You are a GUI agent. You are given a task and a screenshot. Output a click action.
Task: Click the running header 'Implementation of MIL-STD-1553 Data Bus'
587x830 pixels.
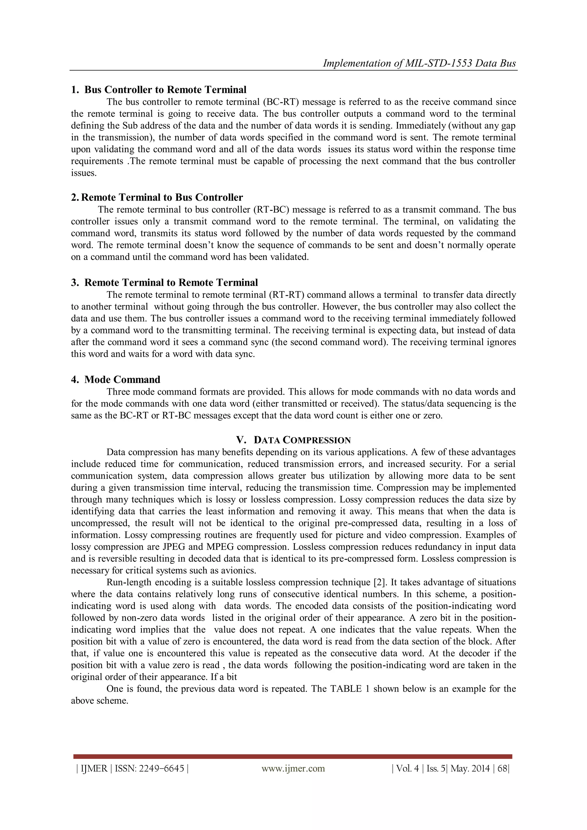[419, 63]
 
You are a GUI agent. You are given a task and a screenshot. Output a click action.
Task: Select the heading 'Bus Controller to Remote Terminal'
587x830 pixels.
[165, 90]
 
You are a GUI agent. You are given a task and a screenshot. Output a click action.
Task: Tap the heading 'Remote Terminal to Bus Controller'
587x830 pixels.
[162, 197]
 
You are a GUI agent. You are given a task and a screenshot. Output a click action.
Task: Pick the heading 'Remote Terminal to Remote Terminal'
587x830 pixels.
[171, 282]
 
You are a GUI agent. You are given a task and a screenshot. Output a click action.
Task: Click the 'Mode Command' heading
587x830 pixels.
[122, 379]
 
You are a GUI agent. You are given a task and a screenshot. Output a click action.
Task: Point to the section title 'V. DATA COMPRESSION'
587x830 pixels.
[293, 440]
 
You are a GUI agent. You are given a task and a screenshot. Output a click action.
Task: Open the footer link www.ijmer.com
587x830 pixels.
[293, 769]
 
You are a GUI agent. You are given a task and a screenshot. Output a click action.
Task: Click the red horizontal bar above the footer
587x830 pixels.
[293, 757]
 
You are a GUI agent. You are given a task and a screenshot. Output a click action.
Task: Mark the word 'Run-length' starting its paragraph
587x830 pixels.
[129, 582]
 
